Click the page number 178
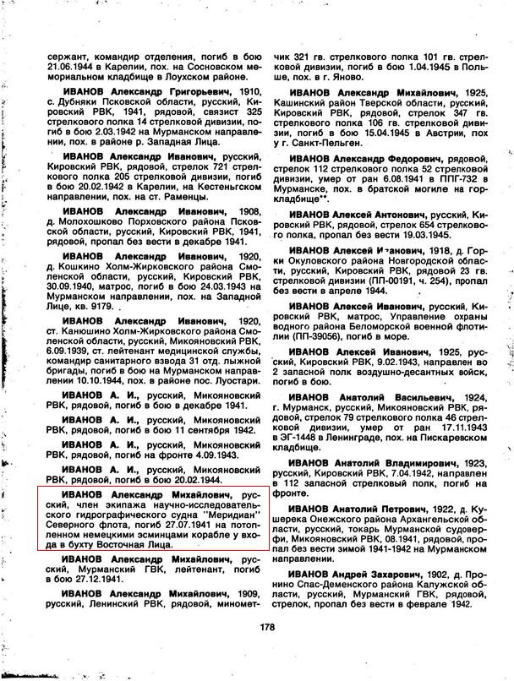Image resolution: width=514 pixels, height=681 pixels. point(269,627)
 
